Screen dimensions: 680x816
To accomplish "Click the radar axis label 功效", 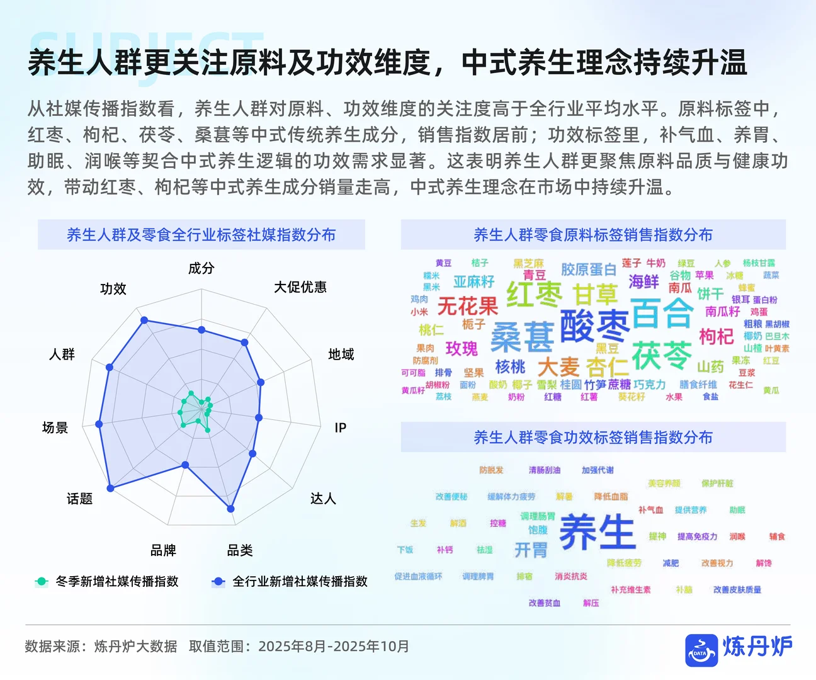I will tap(113, 289).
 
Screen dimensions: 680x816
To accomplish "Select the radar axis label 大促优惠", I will tap(300, 288).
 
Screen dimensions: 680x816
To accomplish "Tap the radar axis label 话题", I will tap(80, 499).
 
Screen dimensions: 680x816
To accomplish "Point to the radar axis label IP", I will tap(341, 428).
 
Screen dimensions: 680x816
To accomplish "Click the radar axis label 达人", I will tap(323, 499).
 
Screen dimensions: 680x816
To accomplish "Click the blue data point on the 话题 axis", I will tap(111, 488).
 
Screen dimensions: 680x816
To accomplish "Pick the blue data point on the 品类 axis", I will tap(230, 509).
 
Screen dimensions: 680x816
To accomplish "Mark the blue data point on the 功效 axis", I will tap(144, 320).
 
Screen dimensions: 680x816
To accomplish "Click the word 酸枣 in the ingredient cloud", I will tap(594, 326).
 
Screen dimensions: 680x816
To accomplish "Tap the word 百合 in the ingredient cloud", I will tap(662, 313).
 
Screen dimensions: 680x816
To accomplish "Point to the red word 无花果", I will tap(468, 307).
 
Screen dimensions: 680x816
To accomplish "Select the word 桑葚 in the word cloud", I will tap(522, 337).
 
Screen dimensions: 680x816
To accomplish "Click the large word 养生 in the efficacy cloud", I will tap(597, 532).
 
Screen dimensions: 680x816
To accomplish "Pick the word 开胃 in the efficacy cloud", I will tap(531, 550).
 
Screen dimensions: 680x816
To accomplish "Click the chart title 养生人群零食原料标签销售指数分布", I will tap(593, 235).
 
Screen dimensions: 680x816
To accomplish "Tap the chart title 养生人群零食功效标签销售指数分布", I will tap(593, 438).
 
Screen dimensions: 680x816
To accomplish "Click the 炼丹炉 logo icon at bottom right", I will tap(701, 650).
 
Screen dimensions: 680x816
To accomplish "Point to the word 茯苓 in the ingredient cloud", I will tap(661, 356).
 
